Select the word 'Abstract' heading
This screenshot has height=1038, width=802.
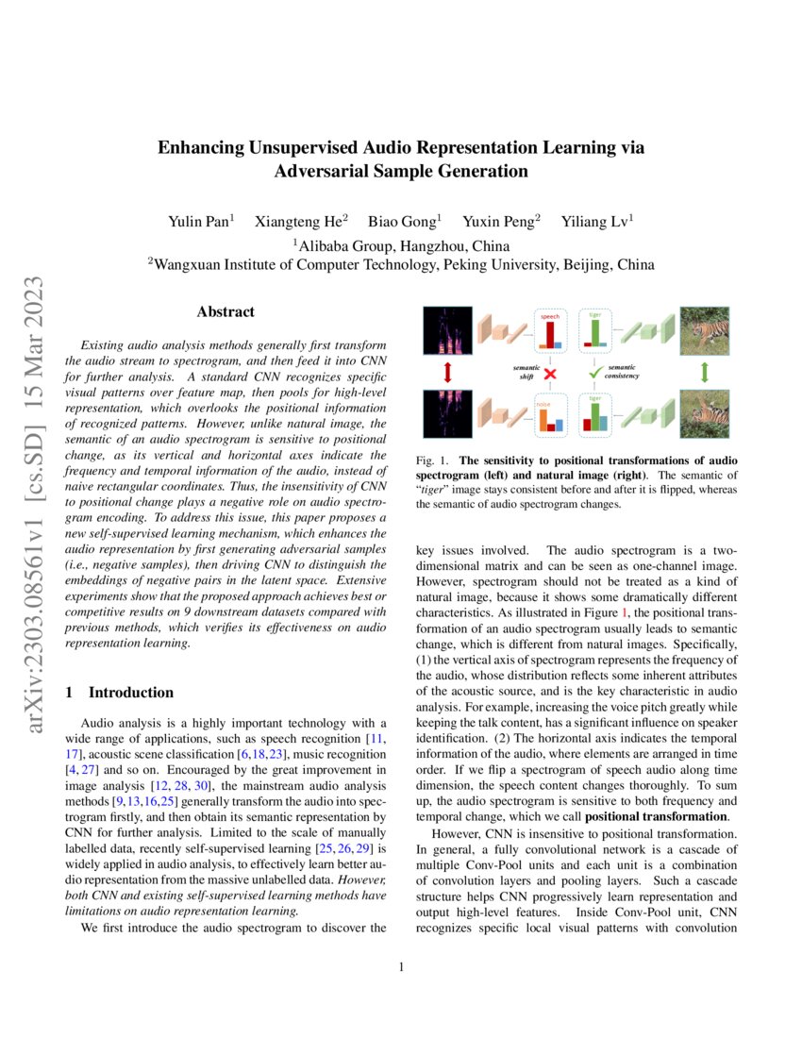pos(225,311)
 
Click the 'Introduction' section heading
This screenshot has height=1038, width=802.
pos(132,692)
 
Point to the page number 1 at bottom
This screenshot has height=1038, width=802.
pos(401,966)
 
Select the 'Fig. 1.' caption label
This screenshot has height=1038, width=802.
pos(431,461)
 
